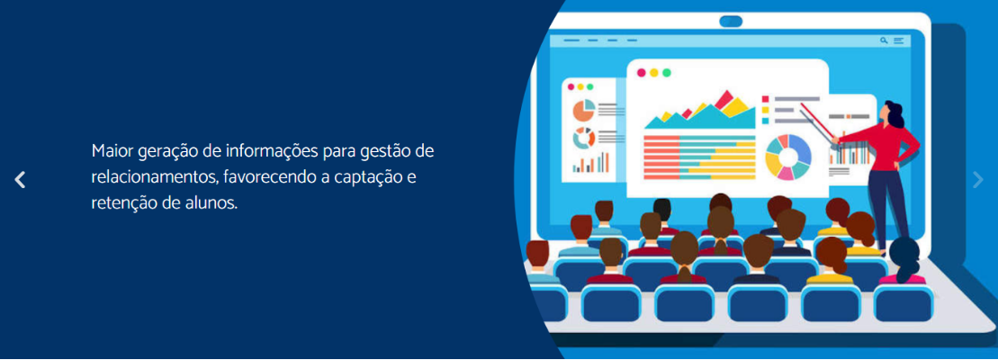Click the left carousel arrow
click(21, 180)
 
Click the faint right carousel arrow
click(978, 180)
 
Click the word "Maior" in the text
click(112, 152)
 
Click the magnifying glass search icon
click(884, 40)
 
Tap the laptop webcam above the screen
click(731, 22)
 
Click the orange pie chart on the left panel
click(584, 110)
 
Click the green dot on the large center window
click(667, 73)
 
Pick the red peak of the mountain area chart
click(723, 100)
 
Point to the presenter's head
click(893, 113)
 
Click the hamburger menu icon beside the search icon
click(899, 40)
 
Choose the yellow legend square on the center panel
click(766, 110)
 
